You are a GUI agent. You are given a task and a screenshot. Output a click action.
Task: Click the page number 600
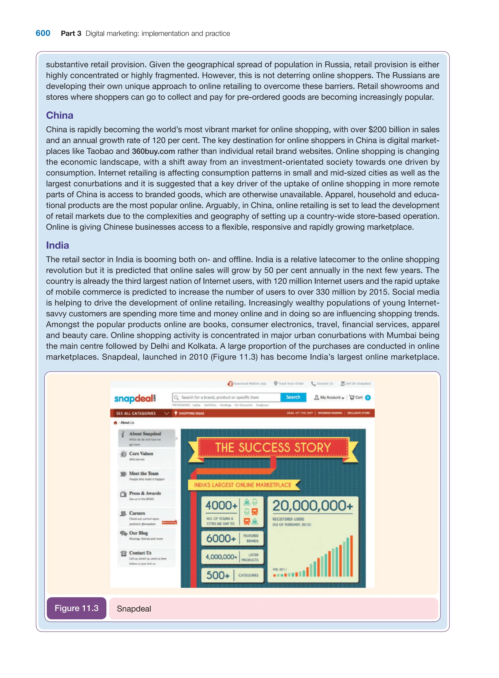click(43, 33)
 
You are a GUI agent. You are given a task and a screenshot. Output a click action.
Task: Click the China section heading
click(59, 115)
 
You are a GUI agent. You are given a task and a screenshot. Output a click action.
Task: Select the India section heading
click(58, 245)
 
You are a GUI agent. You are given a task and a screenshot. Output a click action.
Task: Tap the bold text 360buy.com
click(153, 151)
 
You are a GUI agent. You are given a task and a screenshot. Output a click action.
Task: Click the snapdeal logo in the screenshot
click(135, 398)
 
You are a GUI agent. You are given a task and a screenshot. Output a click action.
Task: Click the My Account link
click(329, 397)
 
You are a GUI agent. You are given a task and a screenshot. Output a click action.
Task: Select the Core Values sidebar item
click(141, 454)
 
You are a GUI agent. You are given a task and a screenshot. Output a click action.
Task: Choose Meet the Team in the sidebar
click(144, 474)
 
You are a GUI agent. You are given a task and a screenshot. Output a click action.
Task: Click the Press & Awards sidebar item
click(145, 493)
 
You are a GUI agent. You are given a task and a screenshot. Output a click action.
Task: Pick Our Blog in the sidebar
click(138, 533)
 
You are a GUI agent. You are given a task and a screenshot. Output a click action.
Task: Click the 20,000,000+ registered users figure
click(312, 506)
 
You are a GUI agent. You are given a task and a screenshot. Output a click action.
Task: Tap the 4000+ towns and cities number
click(221, 505)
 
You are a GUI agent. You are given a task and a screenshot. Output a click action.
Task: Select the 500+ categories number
click(218, 575)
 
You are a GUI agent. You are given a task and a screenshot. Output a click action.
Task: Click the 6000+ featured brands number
click(221, 538)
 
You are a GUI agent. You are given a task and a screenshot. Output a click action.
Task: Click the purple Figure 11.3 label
click(77, 608)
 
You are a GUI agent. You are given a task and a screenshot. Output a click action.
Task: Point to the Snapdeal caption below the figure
click(134, 609)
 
